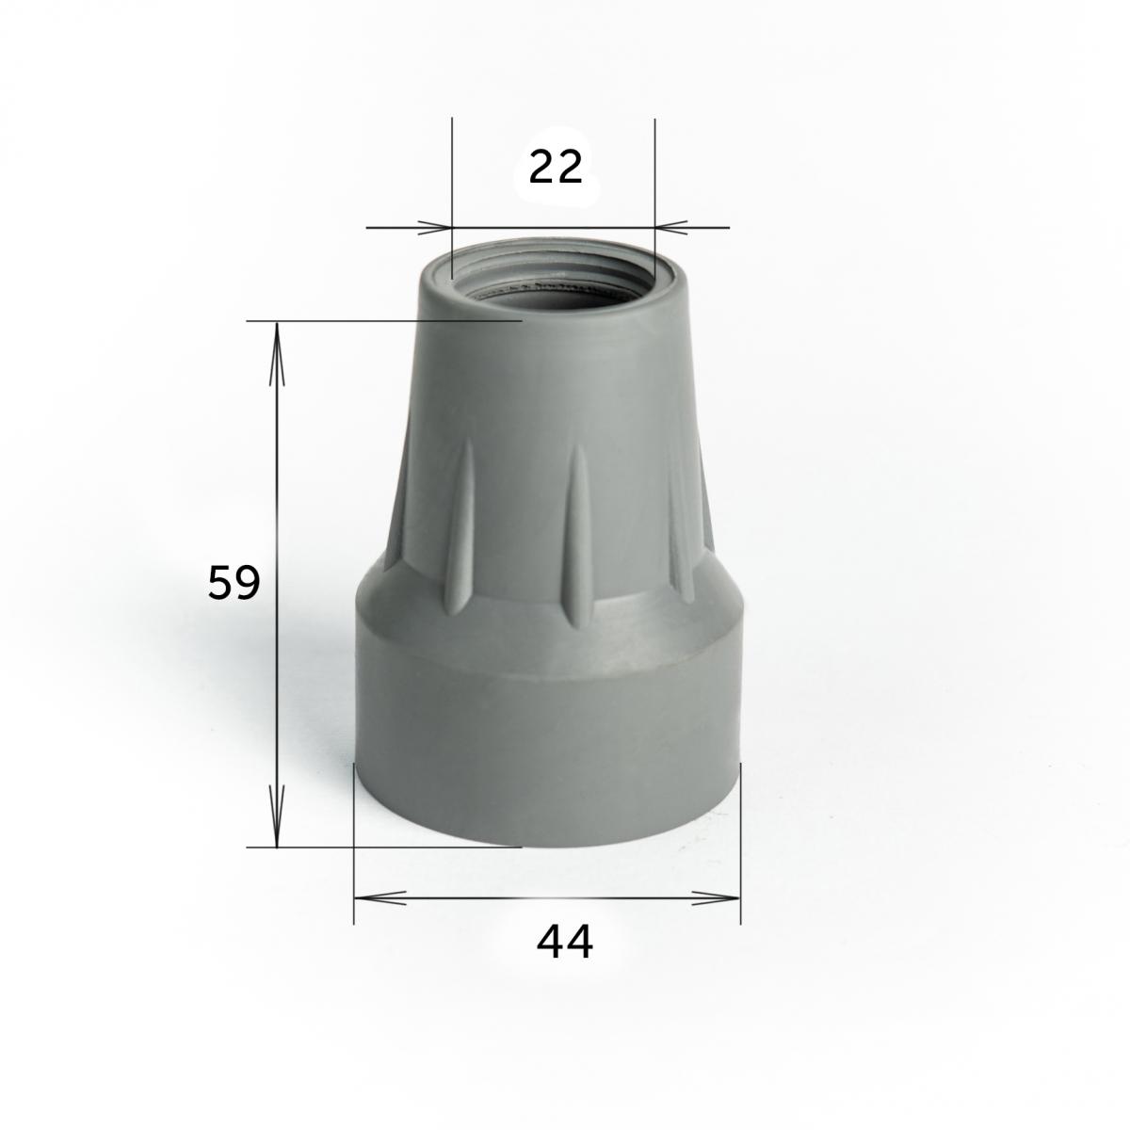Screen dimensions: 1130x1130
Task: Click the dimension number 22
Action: click(x=556, y=168)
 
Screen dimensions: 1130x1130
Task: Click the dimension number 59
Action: click(x=233, y=584)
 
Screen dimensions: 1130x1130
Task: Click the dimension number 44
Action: click(x=565, y=942)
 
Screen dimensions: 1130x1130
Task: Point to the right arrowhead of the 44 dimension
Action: click(x=716, y=897)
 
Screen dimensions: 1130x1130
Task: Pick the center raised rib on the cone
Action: click(x=577, y=537)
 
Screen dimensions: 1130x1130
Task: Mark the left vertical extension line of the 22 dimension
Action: click(x=452, y=169)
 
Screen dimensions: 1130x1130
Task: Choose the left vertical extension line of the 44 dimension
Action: click(x=353, y=847)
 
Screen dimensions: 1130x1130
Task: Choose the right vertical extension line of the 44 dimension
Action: click(x=740, y=847)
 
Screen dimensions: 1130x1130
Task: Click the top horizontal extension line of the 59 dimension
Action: click(x=377, y=321)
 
